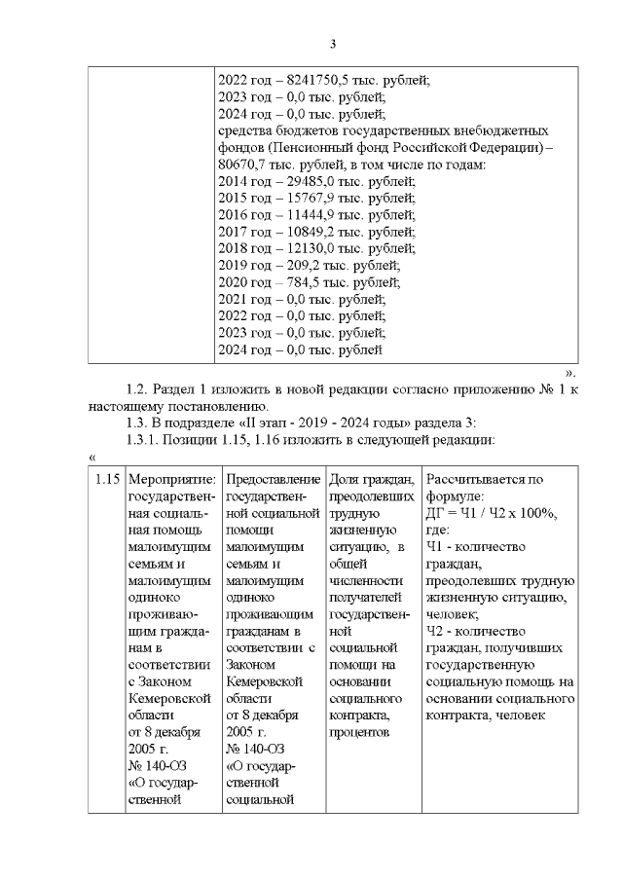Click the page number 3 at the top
click(332, 44)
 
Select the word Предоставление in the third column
click(272, 480)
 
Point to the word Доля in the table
click(346, 480)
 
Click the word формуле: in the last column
click(454, 496)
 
